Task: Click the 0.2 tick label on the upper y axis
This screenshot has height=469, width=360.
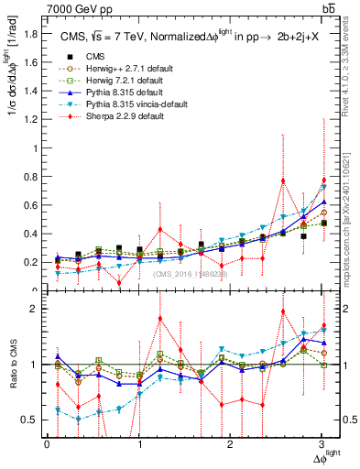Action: pos(32,262)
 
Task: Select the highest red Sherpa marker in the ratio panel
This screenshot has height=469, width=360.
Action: pos(282,311)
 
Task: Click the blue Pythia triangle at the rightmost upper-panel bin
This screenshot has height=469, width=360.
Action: pos(323,202)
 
